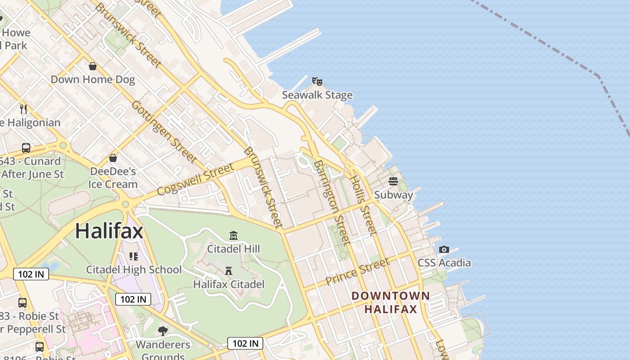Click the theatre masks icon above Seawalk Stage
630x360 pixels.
click(x=317, y=81)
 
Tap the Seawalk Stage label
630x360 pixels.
click(x=317, y=95)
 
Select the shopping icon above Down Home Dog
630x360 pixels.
click(x=93, y=67)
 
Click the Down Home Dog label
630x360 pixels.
click(x=93, y=80)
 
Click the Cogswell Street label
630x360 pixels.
click(x=196, y=179)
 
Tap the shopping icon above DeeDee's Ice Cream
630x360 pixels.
click(x=113, y=158)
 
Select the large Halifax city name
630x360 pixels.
click(x=109, y=231)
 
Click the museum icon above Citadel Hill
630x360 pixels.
click(x=234, y=235)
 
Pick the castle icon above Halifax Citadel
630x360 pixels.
click(x=229, y=271)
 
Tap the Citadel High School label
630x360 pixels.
click(x=134, y=270)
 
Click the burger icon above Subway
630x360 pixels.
click(x=393, y=181)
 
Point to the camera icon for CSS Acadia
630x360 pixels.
click(x=444, y=250)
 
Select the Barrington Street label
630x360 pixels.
click(x=333, y=202)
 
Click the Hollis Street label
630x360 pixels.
click(x=363, y=205)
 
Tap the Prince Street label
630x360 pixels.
click(x=357, y=271)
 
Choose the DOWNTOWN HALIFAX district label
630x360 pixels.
click(x=391, y=302)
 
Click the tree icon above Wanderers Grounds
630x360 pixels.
click(x=163, y=332)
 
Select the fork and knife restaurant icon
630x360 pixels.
click(x=24, y=109)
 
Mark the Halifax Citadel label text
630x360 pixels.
click(x=229, y=284)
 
